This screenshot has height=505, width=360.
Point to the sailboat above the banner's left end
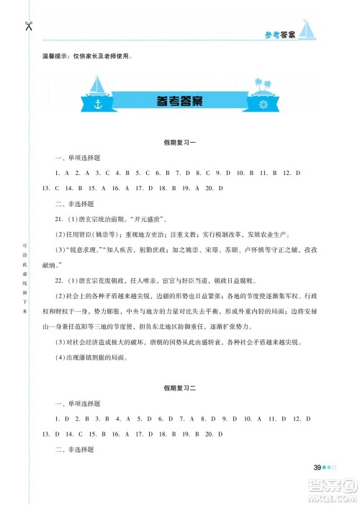pyautogui.click(x=98, y=83)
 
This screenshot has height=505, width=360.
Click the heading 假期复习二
pyautogui.click(x=179, y=388)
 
